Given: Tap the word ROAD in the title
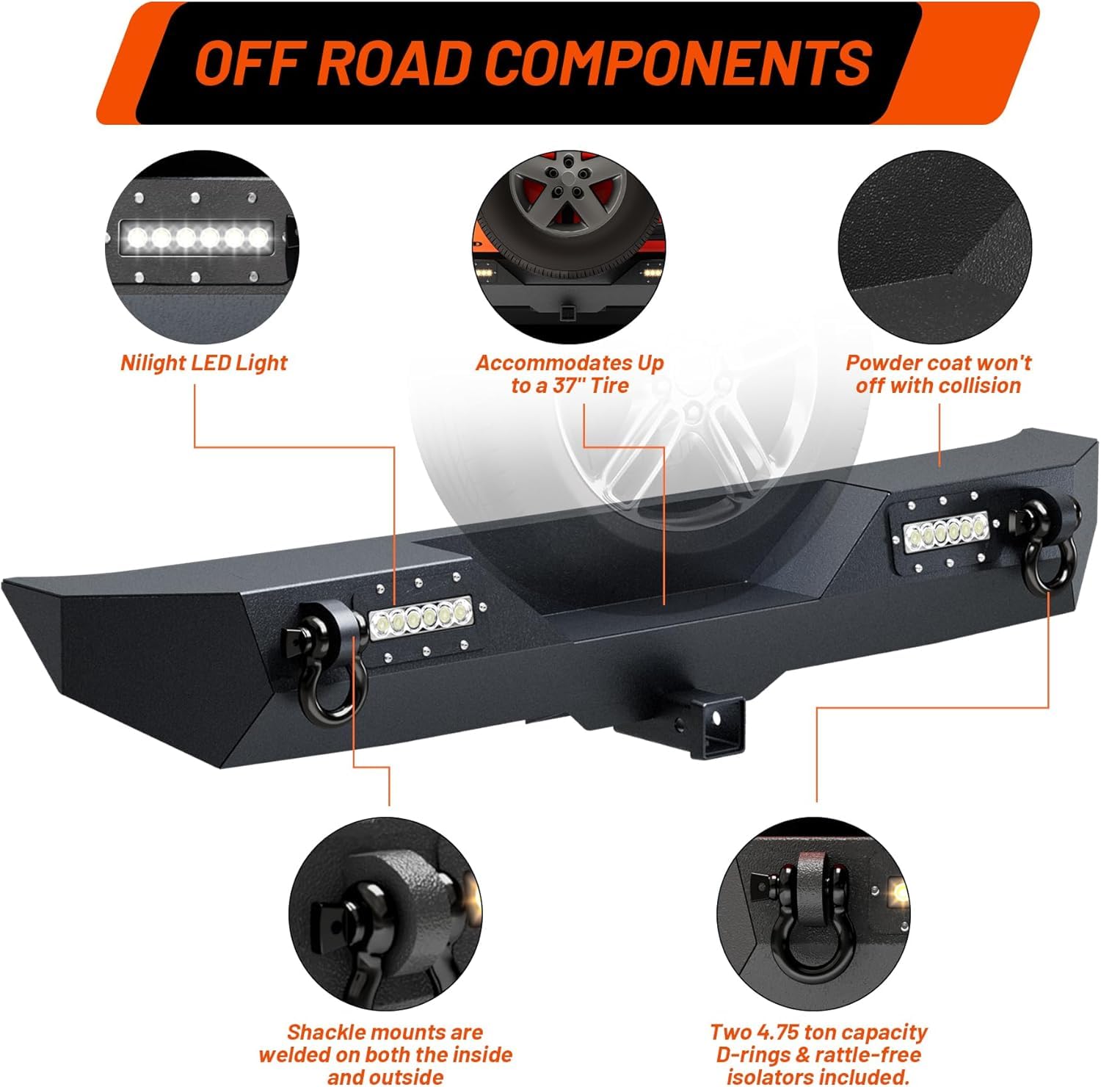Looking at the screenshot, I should point(401,62).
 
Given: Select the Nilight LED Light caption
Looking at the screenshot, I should point(204,363).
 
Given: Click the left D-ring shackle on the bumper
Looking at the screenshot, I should point(334,661).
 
